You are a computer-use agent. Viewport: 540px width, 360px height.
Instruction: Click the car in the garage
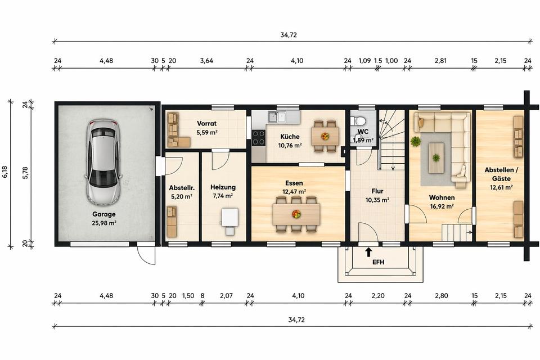point(103,162)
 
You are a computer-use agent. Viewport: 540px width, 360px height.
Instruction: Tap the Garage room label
point(103,214)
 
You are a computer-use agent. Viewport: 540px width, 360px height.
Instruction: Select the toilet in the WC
point(358,121)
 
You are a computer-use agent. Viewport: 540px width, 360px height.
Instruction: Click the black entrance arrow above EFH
point(368,252)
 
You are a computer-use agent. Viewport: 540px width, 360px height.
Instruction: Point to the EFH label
point(378,262)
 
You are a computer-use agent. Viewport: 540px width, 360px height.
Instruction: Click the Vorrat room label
point(206,123)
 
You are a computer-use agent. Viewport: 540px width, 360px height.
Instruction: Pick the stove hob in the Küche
point(258,137)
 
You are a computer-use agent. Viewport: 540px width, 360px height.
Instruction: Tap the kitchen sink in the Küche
point(277,117)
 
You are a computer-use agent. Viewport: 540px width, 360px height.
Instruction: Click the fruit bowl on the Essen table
point(296,214)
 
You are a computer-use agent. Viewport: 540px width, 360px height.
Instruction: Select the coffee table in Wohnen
point(436,157)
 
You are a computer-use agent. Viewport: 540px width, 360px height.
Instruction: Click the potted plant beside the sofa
point(416,141)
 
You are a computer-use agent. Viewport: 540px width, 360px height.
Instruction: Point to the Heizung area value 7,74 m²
point(223,196)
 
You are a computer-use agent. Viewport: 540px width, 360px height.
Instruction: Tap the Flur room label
point(377,191)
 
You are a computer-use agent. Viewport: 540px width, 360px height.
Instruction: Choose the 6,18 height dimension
point(5,172)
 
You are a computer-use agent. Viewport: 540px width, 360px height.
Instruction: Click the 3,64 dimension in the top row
point(206,61)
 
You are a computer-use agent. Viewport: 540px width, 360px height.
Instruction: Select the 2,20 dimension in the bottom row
point(378,295)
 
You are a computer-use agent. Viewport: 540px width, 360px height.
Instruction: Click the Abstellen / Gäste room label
point(501,174)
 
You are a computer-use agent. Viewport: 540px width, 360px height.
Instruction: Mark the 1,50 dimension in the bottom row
point(188,295)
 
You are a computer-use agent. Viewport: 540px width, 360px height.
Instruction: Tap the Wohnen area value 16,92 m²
point(442,206)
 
